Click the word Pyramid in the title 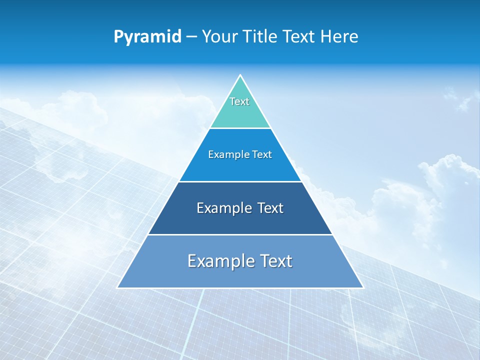tap(147, 37)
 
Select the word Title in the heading tap(262, 36)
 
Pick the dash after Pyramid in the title tap(191, 37)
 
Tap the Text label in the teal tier tap(239, 101)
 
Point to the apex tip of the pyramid tap(240, 75)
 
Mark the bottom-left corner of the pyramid tap(118, 287)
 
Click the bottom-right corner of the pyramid tap(362, 287)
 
